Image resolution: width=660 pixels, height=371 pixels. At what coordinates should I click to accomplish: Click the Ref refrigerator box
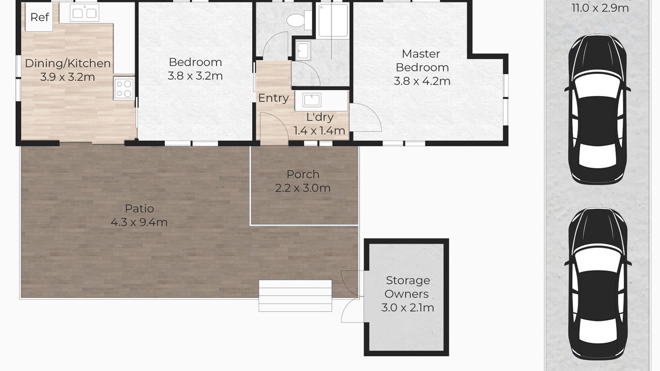pyautogui.click(x=39, y=17)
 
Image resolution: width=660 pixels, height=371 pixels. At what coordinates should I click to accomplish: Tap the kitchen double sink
pyautogui.click(x=84, y=13)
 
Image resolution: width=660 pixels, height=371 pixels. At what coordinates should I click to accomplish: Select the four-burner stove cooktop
pyautogui.click(x=124, y=88)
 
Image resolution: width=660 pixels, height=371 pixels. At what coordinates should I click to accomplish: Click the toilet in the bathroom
pyautogui.click(x=299, y=20)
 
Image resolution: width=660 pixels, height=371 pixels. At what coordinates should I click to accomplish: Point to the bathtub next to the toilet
pyautogui.click(x=333, y=20)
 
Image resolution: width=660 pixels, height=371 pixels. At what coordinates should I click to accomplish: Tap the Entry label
pyautogui.click(x=273, y=98)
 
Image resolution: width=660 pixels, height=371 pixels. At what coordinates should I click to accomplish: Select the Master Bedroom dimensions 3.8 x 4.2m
pyautogui.click(x=422, y=81)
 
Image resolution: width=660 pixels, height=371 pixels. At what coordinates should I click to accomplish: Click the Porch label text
pyautogui.click(x=303, y=174)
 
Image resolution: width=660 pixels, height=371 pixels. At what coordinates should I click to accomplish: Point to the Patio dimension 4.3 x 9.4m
pyautogui.click(x=139, y=222)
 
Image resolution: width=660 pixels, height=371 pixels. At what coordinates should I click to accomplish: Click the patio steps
pyautogui.click(x=295, y=296)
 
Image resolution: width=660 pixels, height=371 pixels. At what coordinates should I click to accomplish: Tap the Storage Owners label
pyautogui.click(x=407, y=287)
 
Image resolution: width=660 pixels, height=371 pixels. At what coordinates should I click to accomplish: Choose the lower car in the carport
pyautogui.click(x=598, y=284)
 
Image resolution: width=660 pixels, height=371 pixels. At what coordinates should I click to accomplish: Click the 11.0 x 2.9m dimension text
pyautogui.click(x=600, y=8)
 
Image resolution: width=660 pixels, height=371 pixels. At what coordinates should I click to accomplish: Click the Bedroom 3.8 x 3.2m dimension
pyautogui.click(x=195, y=76)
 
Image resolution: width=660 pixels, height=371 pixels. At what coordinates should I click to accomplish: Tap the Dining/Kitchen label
pyautogui.click(x=68, y=63)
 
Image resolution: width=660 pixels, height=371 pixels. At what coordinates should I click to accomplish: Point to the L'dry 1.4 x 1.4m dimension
pyautogui.click(x=319, y=131)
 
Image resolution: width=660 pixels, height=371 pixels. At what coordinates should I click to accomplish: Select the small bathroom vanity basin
pyautogui.click(x=303, y=50)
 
